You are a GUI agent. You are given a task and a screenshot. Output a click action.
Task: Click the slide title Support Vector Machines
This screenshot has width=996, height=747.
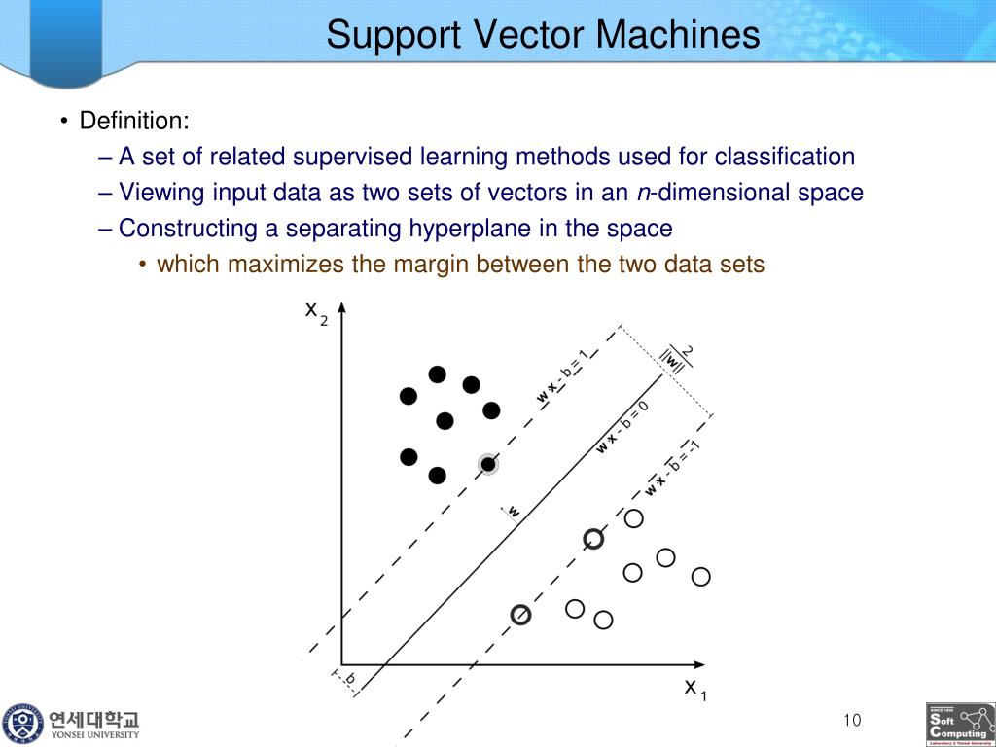543,35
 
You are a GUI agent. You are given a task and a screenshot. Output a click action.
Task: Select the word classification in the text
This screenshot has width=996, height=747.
785,157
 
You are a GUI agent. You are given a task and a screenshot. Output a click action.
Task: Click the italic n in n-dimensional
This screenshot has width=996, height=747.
643,193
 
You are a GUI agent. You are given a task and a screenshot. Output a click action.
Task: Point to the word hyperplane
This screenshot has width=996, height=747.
477,229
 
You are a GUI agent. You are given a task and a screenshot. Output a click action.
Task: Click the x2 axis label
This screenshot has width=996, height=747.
316,313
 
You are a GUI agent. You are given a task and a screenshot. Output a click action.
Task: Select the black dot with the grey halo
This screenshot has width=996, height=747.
488,464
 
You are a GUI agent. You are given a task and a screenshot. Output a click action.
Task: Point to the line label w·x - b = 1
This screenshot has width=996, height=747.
563,375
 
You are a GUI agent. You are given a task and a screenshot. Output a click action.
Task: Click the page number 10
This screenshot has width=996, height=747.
852,721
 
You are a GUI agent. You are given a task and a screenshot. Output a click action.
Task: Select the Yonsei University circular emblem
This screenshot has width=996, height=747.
22,724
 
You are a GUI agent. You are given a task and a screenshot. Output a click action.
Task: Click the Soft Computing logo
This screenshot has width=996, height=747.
960,725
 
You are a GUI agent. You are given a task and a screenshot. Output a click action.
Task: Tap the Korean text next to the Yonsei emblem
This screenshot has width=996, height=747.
95,720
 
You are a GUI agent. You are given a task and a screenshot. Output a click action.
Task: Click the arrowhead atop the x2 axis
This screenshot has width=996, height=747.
341,307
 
